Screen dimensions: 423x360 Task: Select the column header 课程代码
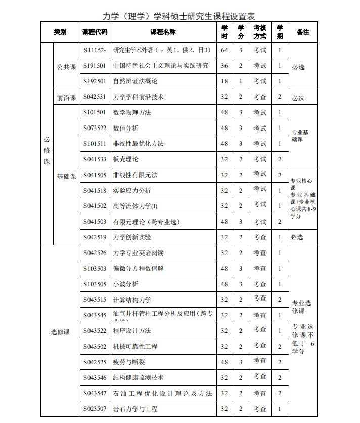[x=95, y=32]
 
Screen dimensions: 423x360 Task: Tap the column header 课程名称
[x=163, y=32]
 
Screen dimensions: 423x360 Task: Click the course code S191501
[x=95, y=66]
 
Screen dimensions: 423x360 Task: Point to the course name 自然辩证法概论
[x=135, y=81]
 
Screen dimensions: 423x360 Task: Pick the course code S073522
[x=95, y=128]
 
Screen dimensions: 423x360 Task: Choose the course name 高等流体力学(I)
[x=136, y=206]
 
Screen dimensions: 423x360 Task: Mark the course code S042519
[x=95, y=237]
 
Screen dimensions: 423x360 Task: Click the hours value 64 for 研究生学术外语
[x=224, y=50]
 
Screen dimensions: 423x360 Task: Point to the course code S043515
[x=95, y=300]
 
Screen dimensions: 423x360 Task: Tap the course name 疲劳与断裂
[x=129, y=362]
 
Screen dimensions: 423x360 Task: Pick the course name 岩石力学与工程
[x=135, y=409]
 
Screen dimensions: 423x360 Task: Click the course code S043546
[x=95, y=377]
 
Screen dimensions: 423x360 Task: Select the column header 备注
[x=303, y=32]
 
